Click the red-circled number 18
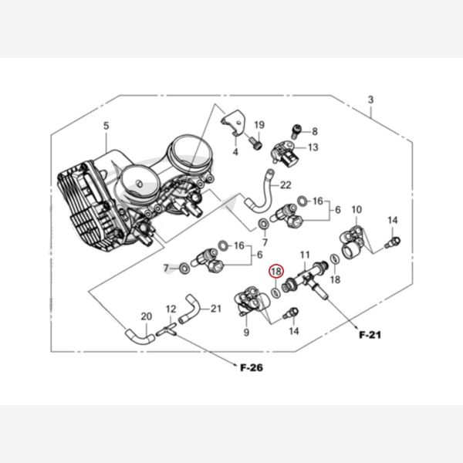pos(275,271)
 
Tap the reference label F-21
pos(370,335)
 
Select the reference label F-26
pos(252,367)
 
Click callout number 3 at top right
pos(370,100)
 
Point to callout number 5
pos(106,126)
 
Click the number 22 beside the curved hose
pos(286,185)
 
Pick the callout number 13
pos(313,147)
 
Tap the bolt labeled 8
pos(296,132)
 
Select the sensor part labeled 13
pos(284,154)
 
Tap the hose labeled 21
pos(188,308)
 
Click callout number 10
pos(357,210)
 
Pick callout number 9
pos(246,332)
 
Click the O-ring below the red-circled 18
pos(275,293)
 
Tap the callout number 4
pos(235,152)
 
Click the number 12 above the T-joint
pos(171,309)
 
